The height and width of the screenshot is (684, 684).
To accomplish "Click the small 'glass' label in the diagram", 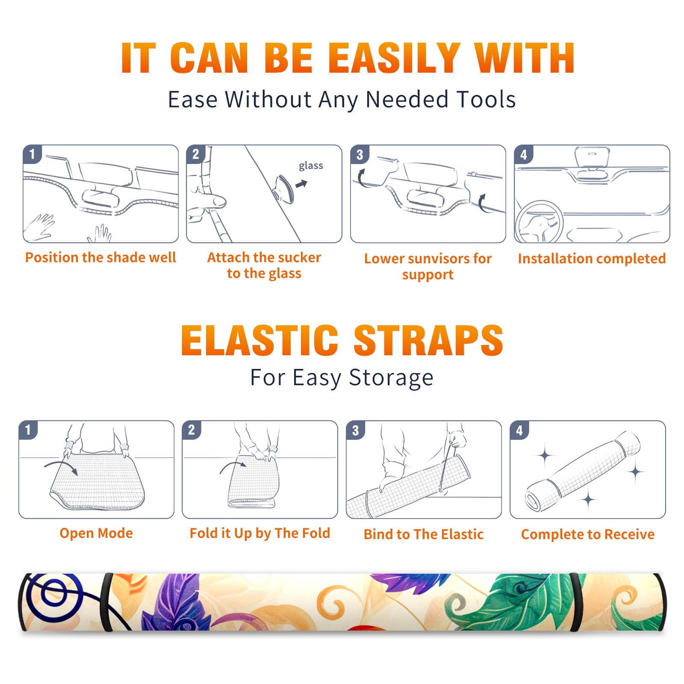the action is (x=311, y=166).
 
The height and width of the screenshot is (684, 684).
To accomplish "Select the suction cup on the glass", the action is (x=284, y=189).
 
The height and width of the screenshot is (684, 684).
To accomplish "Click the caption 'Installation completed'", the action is (x=592, y=258).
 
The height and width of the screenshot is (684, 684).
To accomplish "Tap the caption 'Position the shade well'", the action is (x=100, y=257).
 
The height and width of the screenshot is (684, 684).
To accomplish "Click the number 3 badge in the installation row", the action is (x=360, y=154).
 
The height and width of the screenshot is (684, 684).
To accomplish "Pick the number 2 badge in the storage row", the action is (x=192, y=430).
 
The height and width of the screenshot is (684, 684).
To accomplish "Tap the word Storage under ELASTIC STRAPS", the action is (x=391, y=378).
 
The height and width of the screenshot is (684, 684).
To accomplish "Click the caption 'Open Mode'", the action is (x=96, y=533).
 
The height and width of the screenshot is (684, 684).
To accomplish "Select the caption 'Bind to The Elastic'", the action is (x=424, y=534).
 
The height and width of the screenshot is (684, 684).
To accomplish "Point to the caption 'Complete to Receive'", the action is (x=588, y=534).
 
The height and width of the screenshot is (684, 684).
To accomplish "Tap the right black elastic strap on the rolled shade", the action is (x=577, y=602).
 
